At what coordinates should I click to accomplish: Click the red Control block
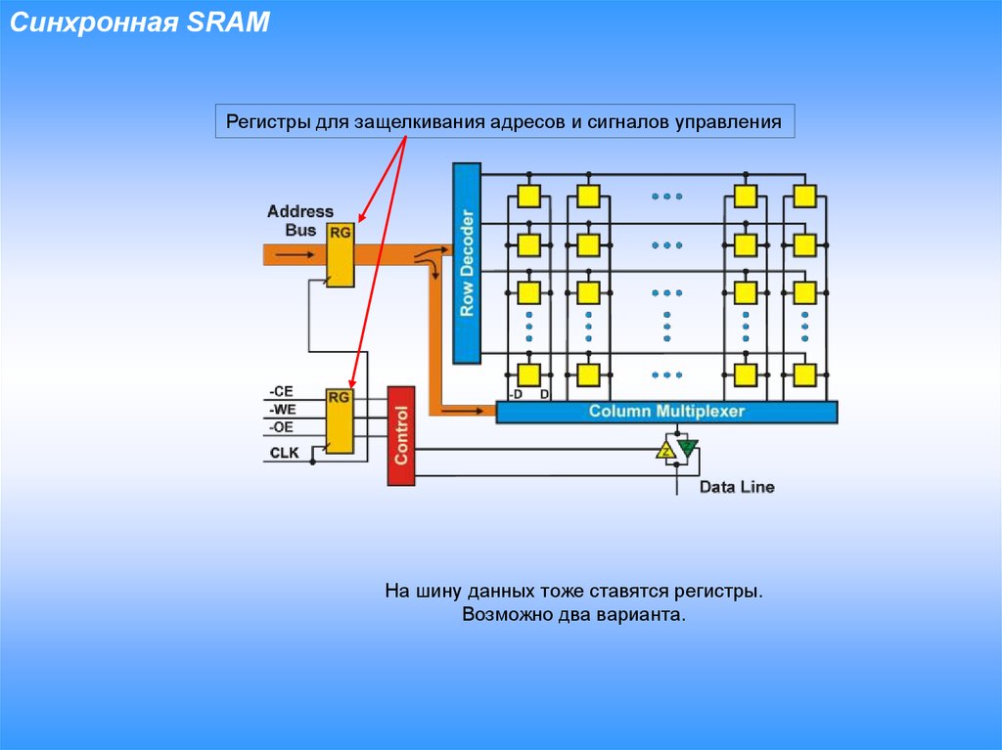click(401, 435)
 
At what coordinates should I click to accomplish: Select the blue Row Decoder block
click(467, 262)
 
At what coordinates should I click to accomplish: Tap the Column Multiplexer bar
click(666, 412)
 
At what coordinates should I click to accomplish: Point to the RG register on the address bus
click(340, 253)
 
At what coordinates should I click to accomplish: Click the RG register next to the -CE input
click(340, 420)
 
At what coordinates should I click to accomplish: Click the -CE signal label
click(281, 391)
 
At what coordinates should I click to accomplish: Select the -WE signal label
click(282, 409)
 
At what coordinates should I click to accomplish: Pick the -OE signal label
click(281, 427)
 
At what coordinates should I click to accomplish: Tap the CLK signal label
click(284, 453)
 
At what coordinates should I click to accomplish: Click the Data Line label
click(737, 486)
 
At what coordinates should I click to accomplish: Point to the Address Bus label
click(299, 220)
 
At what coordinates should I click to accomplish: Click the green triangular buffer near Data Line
click(687, 448)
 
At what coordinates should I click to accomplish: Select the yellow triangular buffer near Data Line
click(666, 450)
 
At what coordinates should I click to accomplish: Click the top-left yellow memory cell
click(528, 196)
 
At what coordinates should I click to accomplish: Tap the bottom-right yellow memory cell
click(804, 375)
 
